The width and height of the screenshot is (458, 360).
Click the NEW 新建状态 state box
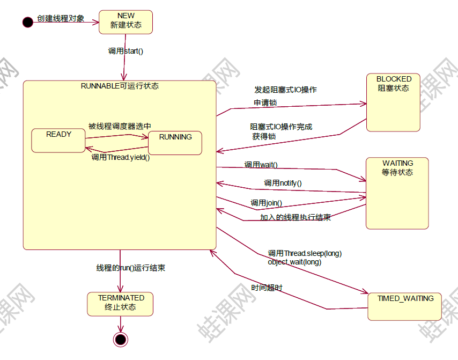pyautogui.click(x=125, y=21)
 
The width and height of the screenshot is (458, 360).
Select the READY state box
pyautogui.click(x=58, y=140)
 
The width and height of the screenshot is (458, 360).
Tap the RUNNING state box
pyautogui.click(x=175, y=143)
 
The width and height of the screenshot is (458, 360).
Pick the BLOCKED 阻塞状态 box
pyautogui.click(x=394, y=102)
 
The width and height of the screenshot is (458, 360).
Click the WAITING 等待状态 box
pyautogui.click(x=397, y=193)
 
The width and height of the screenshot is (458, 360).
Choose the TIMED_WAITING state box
pyautogui.click(x=405, y=306)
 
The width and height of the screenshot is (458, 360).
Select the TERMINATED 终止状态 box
pyautogui.click(x=121, y=304)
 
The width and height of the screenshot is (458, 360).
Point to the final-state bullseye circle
pyautogui.click(x=121, y=339)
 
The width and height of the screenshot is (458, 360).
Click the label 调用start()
pyautogui.click(x=126, y=52)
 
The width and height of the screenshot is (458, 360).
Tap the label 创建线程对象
pyautogui.click(x=61, y=19)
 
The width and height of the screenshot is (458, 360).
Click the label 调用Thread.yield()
pyautogui.click(x=120, y=157)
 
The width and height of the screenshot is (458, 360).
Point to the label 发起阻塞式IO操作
pyautogui.click(x=285, y=90)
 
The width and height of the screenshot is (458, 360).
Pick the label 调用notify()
pyautogui.click(x=283, y=183)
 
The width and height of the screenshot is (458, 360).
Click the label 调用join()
pyautogui.click(x=266, y=203)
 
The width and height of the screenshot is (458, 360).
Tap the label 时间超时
pyautogui.click(x=267, y=288)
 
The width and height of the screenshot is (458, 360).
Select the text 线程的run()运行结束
pyautogui.click(x=130, y=268)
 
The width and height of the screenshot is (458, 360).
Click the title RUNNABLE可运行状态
pyautogui.click(x=120, y=86)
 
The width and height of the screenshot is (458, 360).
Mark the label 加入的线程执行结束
pyautogui.click(x=295, y=217)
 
